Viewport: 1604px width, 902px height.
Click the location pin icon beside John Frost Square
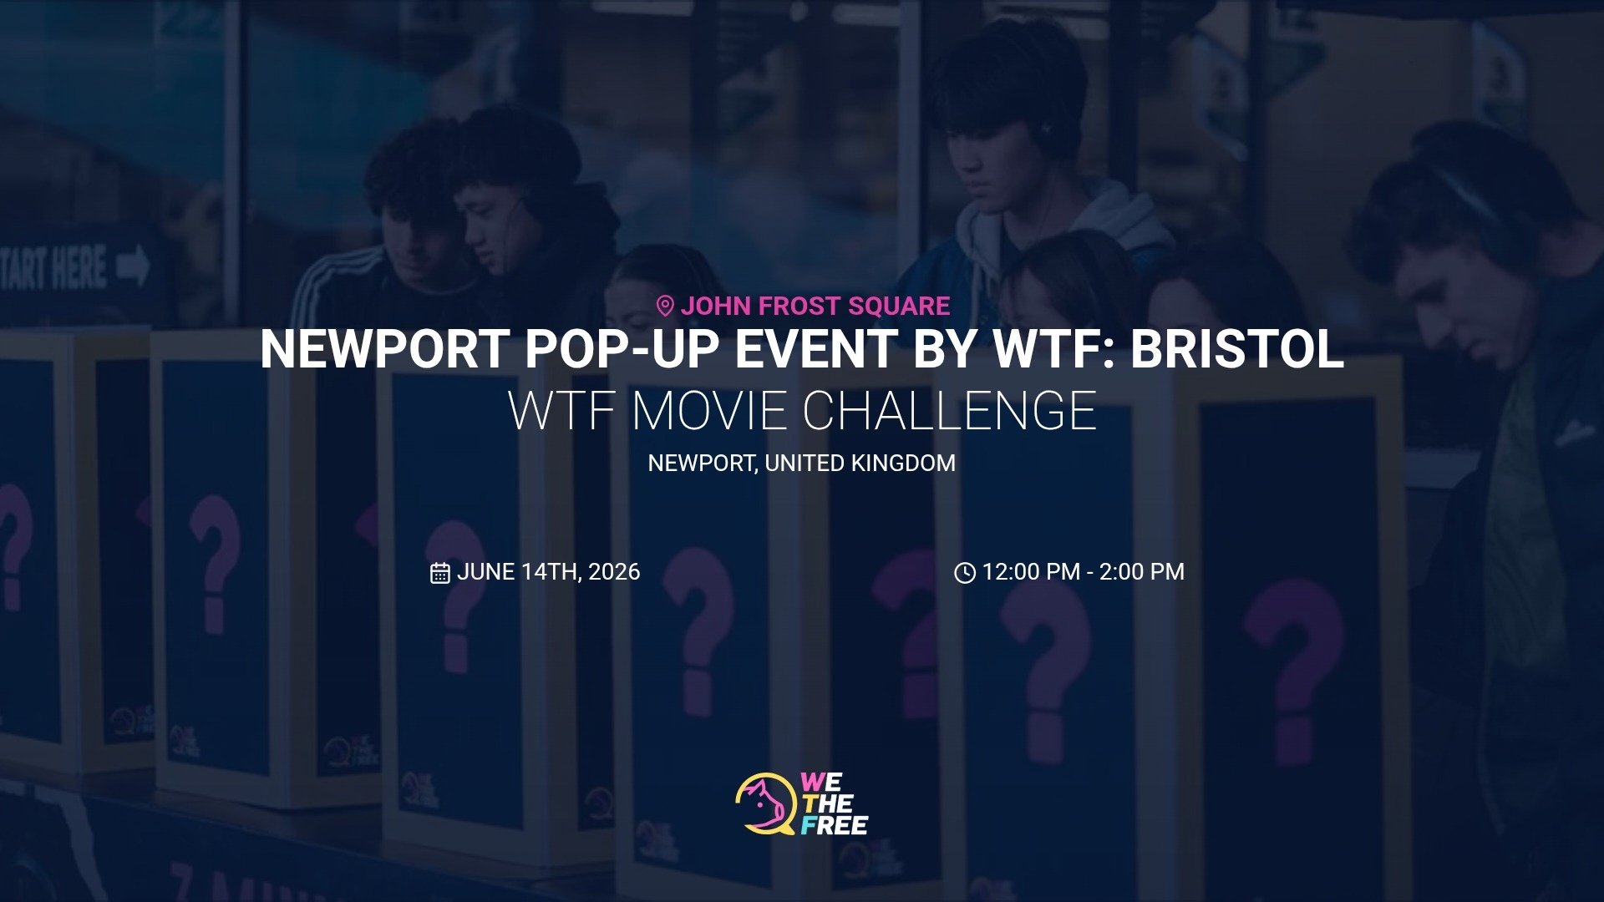point(665,307)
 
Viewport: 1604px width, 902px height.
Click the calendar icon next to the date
point(440,573)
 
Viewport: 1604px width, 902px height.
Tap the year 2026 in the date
point(614,572)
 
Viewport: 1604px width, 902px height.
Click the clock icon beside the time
point(965,573)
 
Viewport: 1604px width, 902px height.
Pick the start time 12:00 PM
point(1031,572)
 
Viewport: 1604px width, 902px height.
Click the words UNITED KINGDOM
point(860,464)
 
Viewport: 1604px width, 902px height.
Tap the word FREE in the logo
point(835,826)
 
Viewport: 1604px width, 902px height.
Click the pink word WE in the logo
point(821,783)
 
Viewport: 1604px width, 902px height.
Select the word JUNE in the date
point(485,572)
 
